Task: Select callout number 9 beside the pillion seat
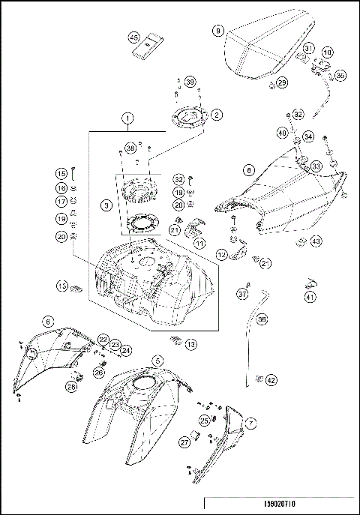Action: tap(217, 31)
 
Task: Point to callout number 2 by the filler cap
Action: tap(217, 115)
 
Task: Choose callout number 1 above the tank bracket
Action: tap(128, 118)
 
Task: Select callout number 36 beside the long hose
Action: tap(262, 319)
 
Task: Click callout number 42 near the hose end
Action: tap(271, 380)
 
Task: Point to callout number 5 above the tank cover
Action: tap(157, 360)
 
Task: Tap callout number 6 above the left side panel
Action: tap(49, 321)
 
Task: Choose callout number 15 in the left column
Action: tap(61, 173)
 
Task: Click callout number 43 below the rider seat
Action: tap(316, 241)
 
